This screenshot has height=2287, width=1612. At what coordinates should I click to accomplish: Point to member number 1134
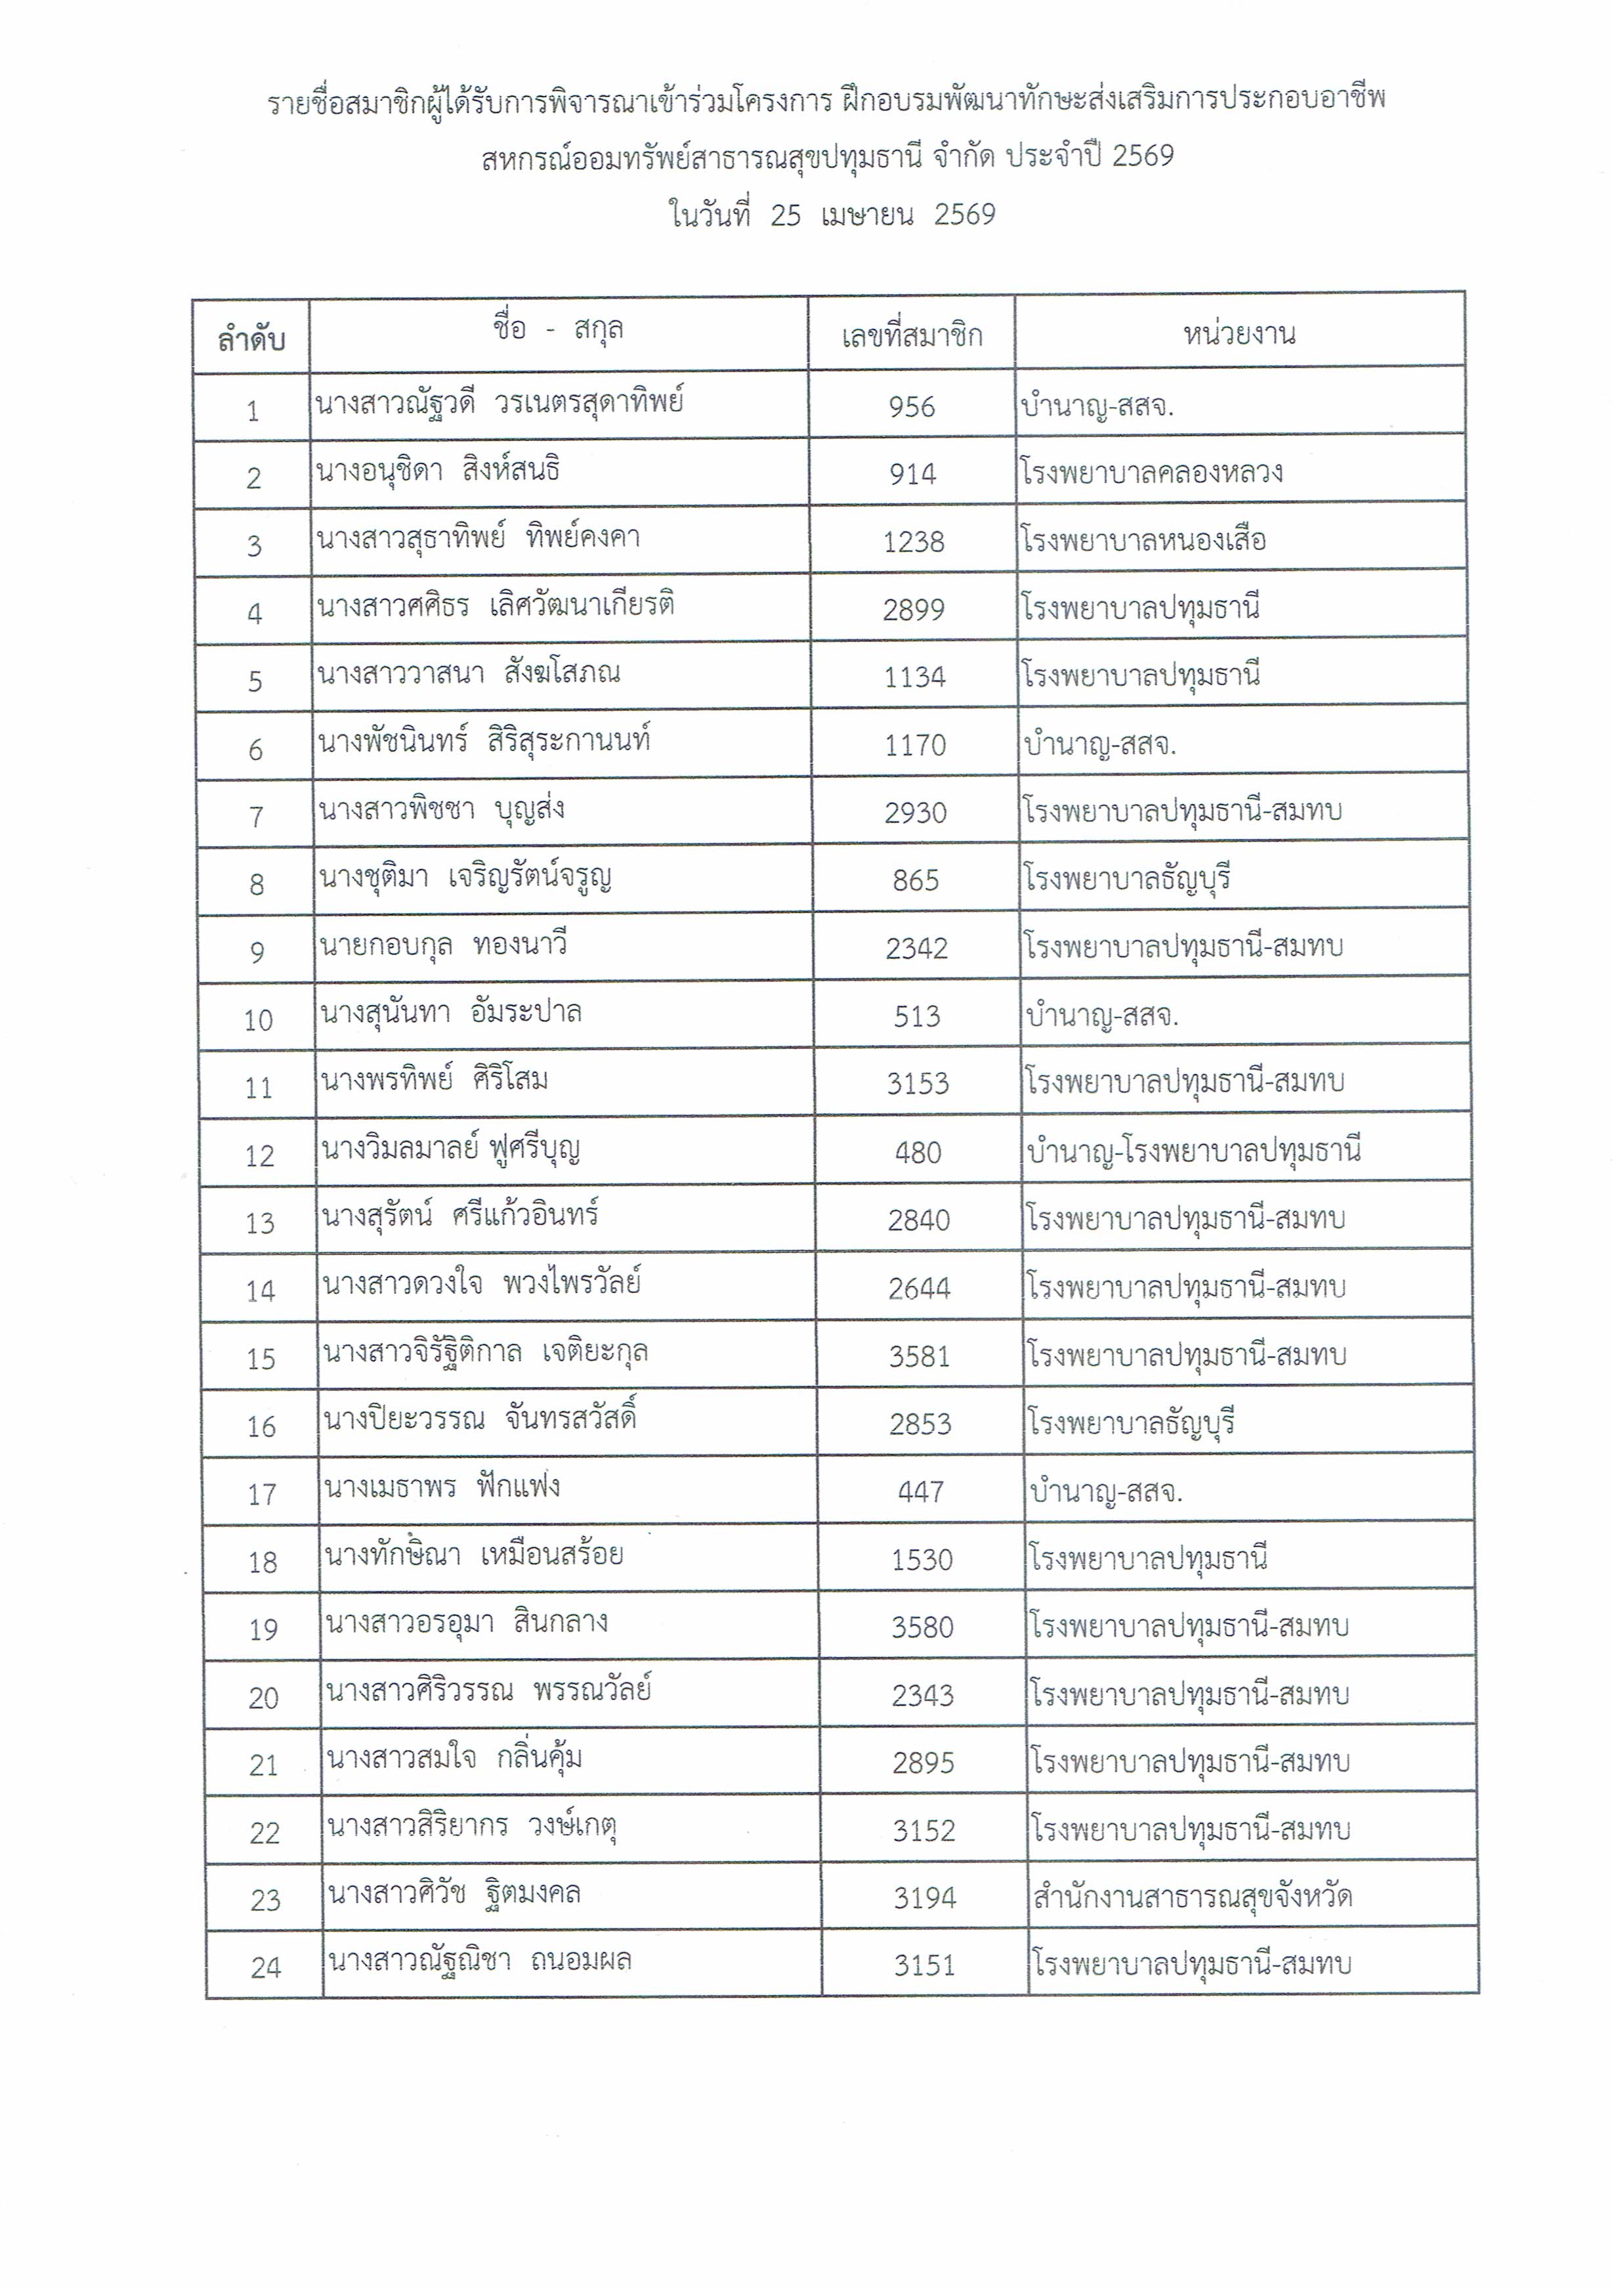914,677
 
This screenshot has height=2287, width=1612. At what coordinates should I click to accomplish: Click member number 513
917,1016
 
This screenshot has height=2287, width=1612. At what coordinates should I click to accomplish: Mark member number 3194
924,1898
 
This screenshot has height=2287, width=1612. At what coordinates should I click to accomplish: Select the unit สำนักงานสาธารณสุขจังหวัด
1192,1896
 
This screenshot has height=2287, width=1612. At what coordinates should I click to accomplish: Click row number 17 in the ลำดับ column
262,1494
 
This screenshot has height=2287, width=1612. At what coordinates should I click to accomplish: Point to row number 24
266,1967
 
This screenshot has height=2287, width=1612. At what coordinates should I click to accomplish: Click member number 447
920,1491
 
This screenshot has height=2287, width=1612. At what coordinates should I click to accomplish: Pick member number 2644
919,1288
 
